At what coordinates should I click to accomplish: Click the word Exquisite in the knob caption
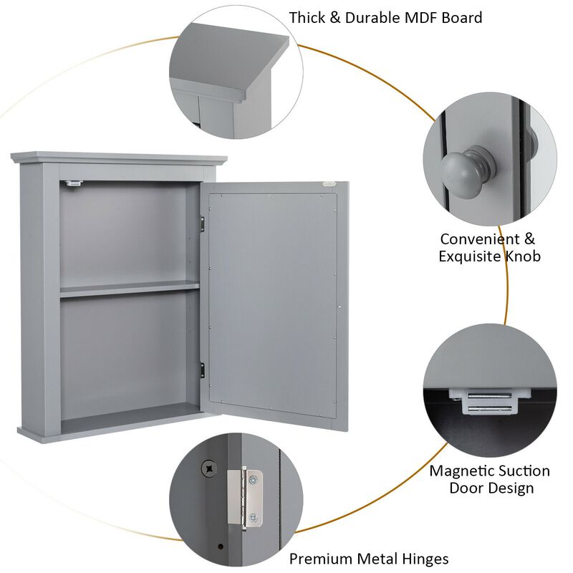pos(471,256)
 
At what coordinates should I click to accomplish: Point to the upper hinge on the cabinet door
pos(203,223)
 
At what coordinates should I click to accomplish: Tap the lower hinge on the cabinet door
pos(203,370)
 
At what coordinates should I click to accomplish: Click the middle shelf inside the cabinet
pos(129,288)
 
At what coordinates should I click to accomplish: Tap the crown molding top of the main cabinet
pos(118,158)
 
